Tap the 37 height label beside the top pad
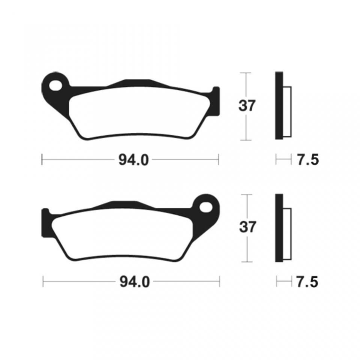tap(247, 106)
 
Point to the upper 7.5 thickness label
tap(307, 160)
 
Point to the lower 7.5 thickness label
tap(307, 282)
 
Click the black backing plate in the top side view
tap(279, 105)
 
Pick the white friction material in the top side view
tap(287, 112)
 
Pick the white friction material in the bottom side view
tap(287, 234)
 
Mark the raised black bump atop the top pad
tap(135, 82)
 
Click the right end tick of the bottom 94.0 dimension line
tap(220, 282)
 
